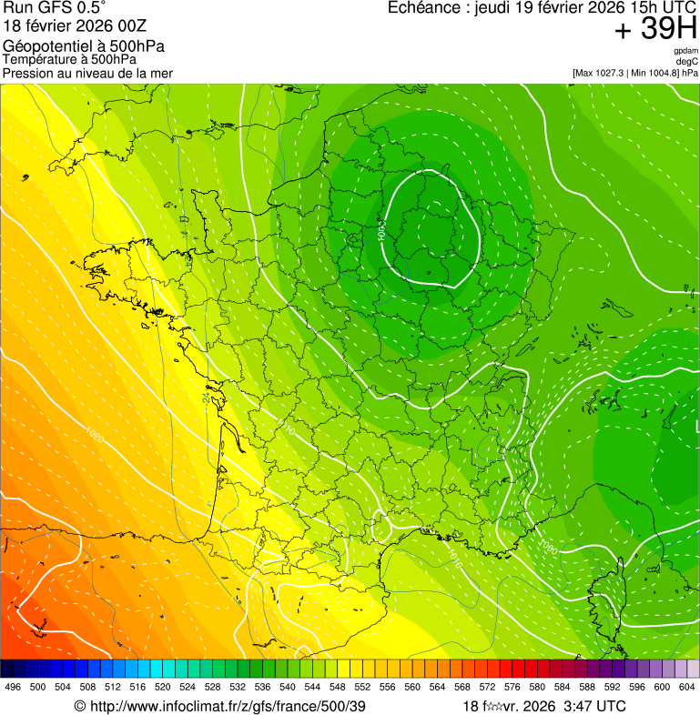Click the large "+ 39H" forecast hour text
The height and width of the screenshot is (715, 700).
(655, 30)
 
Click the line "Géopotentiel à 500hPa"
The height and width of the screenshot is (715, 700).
(84, 46)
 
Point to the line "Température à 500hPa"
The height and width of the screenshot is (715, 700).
(69, 60)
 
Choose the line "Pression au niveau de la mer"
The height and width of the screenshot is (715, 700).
(87, 73)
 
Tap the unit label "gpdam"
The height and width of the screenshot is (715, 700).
(685, 51)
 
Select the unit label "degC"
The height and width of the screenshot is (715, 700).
(687, 61)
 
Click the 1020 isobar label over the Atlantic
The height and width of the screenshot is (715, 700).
(95, 438)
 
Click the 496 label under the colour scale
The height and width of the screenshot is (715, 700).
(13, 688)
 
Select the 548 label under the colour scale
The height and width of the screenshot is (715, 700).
(337, 688)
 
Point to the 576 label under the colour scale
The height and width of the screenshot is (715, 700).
(512, 688)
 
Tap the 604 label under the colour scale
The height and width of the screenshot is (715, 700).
(686, 688)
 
